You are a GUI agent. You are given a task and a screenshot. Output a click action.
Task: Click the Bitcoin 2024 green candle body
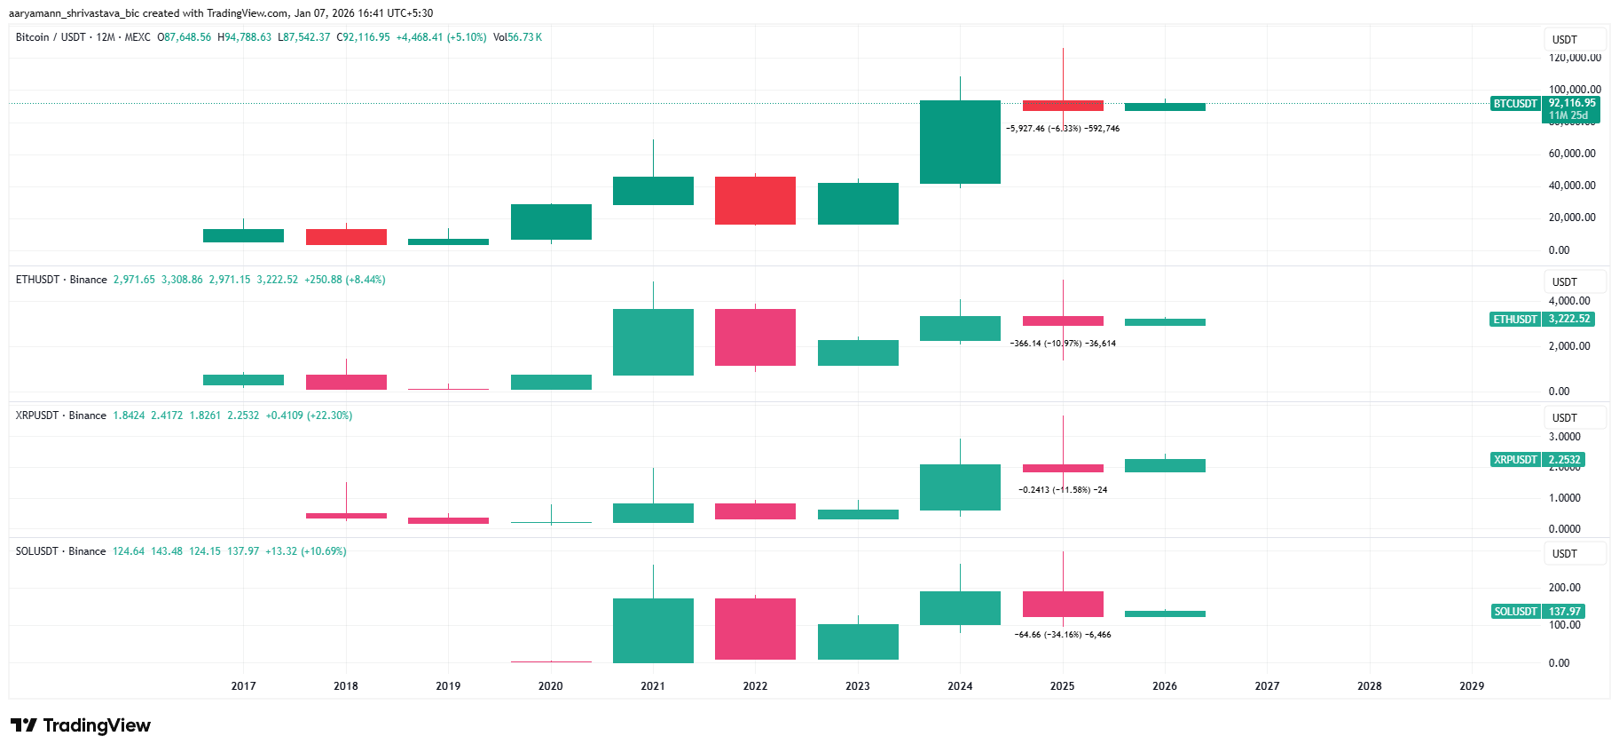[960, 142]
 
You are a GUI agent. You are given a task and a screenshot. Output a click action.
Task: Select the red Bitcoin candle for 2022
[755, 201]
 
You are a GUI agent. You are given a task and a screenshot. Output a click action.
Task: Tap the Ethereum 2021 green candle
[653, 342]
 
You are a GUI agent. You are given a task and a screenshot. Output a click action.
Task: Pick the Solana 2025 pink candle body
[1063, 604]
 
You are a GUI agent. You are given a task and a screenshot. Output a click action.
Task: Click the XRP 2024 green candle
[960, 487]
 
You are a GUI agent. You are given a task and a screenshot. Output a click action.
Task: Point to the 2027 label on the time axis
[1267, 685]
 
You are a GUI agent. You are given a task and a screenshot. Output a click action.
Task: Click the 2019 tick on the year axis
[448, 685]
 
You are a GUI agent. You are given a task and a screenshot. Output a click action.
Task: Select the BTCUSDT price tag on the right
[1515, 104]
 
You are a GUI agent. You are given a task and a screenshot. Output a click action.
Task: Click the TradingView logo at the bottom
[81, 725]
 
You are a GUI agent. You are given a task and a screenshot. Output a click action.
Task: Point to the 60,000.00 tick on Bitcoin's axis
[1571, 154]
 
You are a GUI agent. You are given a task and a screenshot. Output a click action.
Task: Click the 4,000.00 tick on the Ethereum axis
[1569, 301]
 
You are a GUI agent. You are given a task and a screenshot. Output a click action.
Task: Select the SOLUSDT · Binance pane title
[60, 551]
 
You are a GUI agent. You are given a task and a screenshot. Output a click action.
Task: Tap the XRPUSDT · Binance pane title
[60, 416]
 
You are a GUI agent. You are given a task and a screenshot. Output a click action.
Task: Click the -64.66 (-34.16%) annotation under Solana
[1063, 635]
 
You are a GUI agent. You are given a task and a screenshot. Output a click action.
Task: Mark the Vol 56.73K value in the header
[517, 37]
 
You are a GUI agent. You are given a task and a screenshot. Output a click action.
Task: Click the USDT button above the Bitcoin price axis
[1565, 40]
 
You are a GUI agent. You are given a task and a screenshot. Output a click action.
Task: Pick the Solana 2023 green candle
[858, 642]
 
